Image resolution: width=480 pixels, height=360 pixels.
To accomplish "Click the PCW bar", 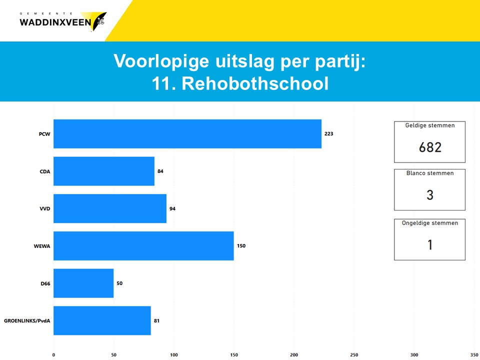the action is (x=187, y=134).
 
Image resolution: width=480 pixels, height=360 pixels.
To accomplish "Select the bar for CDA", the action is (x=104, y=171).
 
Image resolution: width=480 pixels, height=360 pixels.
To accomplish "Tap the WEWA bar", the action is (x=143, y=246).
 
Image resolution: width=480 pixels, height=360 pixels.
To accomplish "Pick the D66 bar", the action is (x=83, y=283).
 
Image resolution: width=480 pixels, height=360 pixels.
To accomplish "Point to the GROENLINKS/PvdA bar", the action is (x=102, y=320).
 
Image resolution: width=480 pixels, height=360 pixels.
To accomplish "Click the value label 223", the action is (x=329, y=134).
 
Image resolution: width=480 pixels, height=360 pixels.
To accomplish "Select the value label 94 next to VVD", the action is (x=172, y=209).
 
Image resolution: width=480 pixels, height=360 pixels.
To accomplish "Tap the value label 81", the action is (x=156, y=321).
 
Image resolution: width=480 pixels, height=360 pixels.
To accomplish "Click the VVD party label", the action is (x=44, y=209).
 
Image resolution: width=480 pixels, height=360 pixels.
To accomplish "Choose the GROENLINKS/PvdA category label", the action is (x=27, y=321).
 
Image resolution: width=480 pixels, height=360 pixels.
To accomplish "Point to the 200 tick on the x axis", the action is (x=294, y=355).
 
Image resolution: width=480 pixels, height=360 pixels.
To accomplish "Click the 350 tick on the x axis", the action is (x=474, y=355).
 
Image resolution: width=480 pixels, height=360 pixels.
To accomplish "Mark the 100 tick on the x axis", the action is (x=174, y=355).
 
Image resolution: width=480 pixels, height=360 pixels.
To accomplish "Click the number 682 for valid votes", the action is (x=430, y=147).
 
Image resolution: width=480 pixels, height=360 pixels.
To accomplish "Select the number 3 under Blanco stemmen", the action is (x=430, y=195).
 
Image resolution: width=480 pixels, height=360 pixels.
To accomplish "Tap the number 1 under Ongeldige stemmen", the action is (x=430, y=245).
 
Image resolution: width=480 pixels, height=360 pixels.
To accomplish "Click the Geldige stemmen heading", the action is (x=430, y=125).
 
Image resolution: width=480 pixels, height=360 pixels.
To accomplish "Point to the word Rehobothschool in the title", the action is (x=255, y=83).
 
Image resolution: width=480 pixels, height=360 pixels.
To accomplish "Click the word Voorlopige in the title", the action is (x=161, y=61).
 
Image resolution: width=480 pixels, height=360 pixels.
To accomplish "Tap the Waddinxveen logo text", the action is (x=55, y=22).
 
